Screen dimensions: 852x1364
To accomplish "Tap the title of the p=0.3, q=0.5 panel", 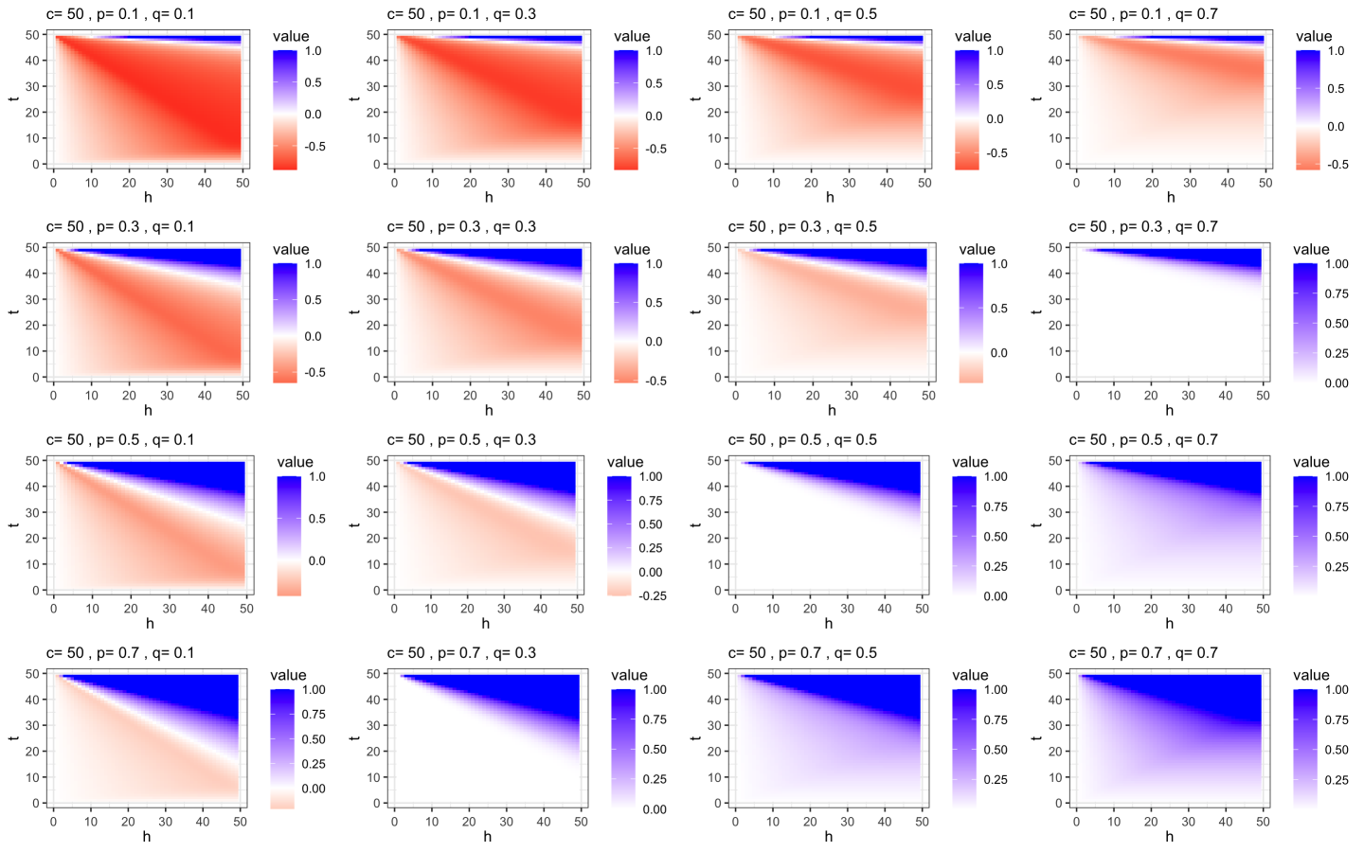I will (x=802, y=227).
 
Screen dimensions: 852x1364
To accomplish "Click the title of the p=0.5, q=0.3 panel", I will (x=461, y=440).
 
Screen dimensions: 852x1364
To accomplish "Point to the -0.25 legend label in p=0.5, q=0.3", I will (x=652, y=596).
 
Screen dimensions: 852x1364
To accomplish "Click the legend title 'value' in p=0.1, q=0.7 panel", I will (x=1314, y=36).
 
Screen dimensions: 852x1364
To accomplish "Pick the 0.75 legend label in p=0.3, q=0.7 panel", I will (x=1337, y=294).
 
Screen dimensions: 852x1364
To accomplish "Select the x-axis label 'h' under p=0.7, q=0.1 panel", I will (x=147, y=837).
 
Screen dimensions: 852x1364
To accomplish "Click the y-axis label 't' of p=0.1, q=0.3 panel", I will (x=353, y=98).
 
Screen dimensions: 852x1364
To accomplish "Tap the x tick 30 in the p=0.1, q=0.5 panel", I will (x=849, y=183).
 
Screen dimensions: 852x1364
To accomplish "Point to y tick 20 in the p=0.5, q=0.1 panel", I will (x=34, y=539).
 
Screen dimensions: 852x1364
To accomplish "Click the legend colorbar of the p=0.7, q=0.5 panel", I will (x=967, y=748).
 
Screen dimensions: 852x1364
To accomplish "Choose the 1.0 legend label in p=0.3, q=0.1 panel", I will (x=313, y=264).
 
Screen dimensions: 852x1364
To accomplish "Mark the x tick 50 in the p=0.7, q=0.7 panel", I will (x=1263, y=822).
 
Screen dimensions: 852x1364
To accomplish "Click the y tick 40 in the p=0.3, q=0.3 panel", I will (x=373, y=274).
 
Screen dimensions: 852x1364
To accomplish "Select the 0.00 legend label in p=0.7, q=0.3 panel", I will (x=655, y=809).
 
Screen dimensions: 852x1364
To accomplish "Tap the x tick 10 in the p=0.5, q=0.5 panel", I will (x=772, y=609).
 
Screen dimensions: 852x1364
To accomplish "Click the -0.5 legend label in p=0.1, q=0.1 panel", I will (x=315, y=147).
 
